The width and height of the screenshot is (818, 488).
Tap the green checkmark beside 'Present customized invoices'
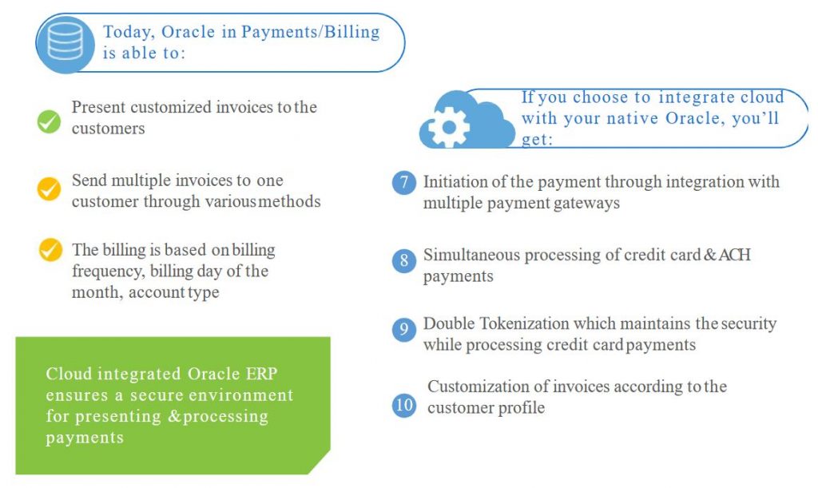click(49, 121)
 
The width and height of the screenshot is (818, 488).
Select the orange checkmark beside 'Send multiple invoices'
click(49, 189)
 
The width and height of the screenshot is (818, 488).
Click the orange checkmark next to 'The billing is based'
click(50, 250)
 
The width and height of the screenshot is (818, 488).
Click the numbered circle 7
click(404, 183)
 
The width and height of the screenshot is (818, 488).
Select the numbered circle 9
click(404, 329)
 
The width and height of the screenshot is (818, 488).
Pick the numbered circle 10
click(404, 405)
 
